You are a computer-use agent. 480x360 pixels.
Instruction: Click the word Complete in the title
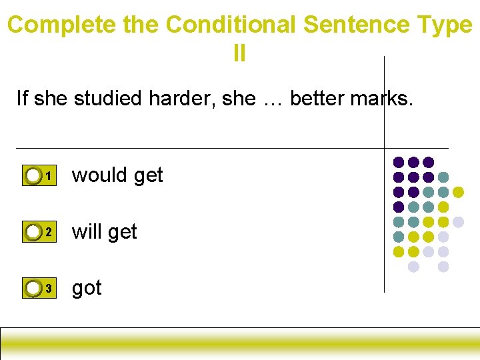tap(62, 25)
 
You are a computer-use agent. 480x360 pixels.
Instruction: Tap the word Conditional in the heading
tap(231, 25)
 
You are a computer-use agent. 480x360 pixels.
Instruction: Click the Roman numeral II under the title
tap(239, 53)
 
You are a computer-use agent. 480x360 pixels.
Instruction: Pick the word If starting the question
tap(23, 99)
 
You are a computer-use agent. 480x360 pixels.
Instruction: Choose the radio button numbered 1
tap(33, 176)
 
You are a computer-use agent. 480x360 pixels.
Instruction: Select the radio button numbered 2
tap(33, 232)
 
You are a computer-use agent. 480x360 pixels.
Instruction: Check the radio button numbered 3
tap(33, 288)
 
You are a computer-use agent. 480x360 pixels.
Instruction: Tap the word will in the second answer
tap(86, 231)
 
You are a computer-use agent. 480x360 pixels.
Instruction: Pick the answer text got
tap(87, 289)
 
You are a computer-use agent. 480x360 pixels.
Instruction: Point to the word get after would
tap(148, 176)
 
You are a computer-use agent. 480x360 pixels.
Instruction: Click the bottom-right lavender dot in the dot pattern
tap(443, 267)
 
